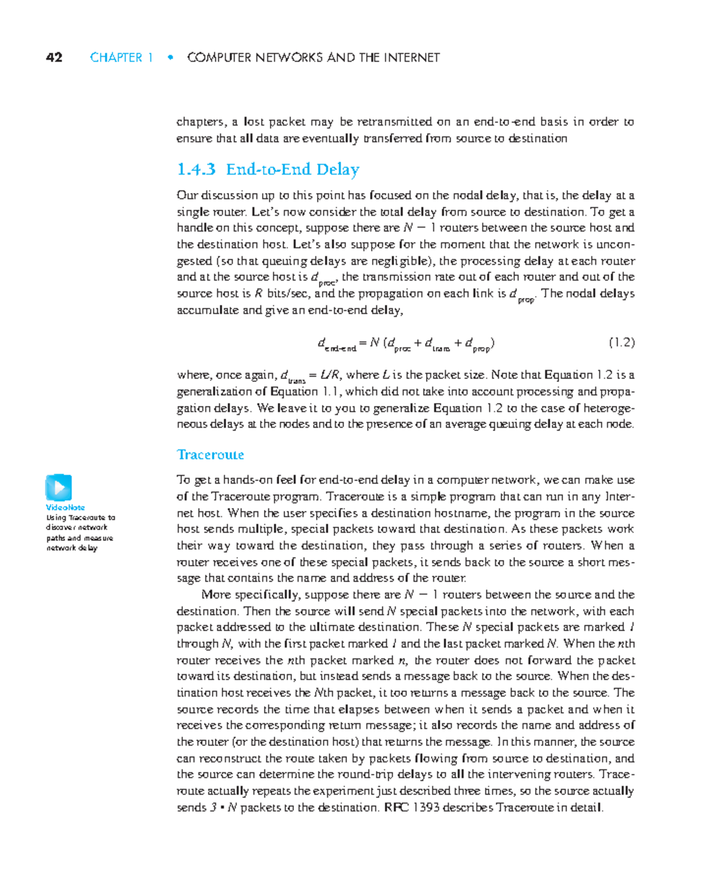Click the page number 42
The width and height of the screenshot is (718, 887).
[x=54, y=57]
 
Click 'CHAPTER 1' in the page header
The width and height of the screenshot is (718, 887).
[x=121, y=57]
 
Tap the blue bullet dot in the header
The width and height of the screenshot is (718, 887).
[x=171, y=57]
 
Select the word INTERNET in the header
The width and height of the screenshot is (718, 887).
[x=411, y=57]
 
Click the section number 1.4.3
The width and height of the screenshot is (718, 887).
[x=196, y=170]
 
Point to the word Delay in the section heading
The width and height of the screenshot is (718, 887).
[x=337, y=170]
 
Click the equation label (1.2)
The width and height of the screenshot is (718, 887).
[x=621, y=342]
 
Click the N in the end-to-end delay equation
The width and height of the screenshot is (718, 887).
[x=374, y=342]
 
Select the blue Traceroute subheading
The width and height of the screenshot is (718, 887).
[x=211, y=455]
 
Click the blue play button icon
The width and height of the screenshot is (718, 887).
[x=59, y=487]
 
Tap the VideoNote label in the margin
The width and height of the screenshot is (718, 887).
[x=65, y=507]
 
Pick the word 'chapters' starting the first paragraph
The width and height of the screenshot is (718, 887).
[x=201, y=122]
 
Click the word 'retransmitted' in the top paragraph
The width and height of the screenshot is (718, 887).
[x=394, y=122]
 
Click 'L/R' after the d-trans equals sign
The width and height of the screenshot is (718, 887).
[x=330, y=375]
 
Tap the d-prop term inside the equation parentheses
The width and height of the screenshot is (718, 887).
[x=477, y=344]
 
